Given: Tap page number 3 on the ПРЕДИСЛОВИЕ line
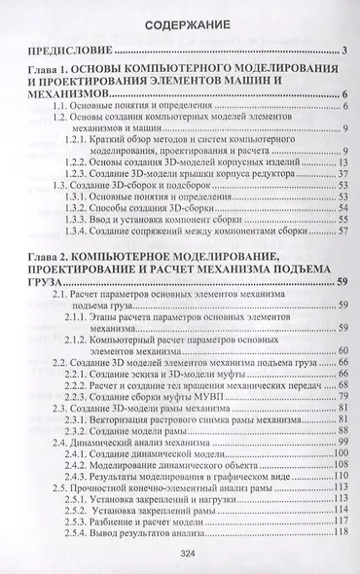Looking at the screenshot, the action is [345, 51].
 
